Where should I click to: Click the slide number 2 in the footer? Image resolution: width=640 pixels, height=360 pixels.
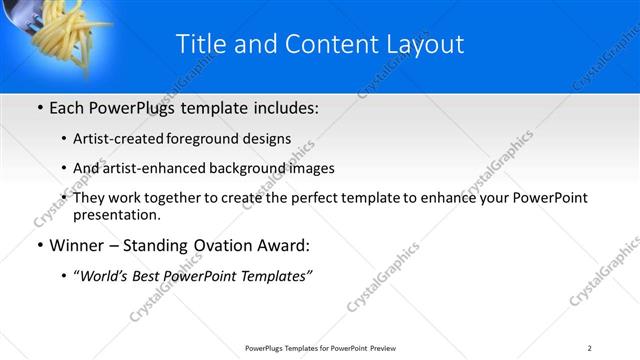point(590,347)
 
